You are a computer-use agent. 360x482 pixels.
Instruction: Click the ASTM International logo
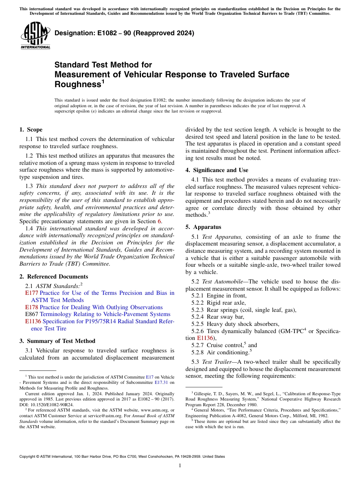[x=35, y=36]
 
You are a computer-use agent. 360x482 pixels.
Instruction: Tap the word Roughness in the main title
[x=77, y=84]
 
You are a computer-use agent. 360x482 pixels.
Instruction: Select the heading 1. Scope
[x=31, y=130]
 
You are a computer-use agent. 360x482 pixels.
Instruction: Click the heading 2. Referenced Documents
[x=54, y=277]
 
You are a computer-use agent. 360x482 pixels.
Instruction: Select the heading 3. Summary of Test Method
[x=57, y=341]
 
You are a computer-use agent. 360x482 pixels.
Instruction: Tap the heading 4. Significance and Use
[x=217, y=170]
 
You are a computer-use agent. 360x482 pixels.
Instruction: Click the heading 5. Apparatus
[x=203, y=227]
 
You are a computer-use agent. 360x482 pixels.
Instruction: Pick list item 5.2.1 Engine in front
[x=219, y=296]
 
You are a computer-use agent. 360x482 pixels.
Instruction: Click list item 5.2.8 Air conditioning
[x=220, y=352]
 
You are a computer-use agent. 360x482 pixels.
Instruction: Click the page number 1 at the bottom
[x=180, y=466]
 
